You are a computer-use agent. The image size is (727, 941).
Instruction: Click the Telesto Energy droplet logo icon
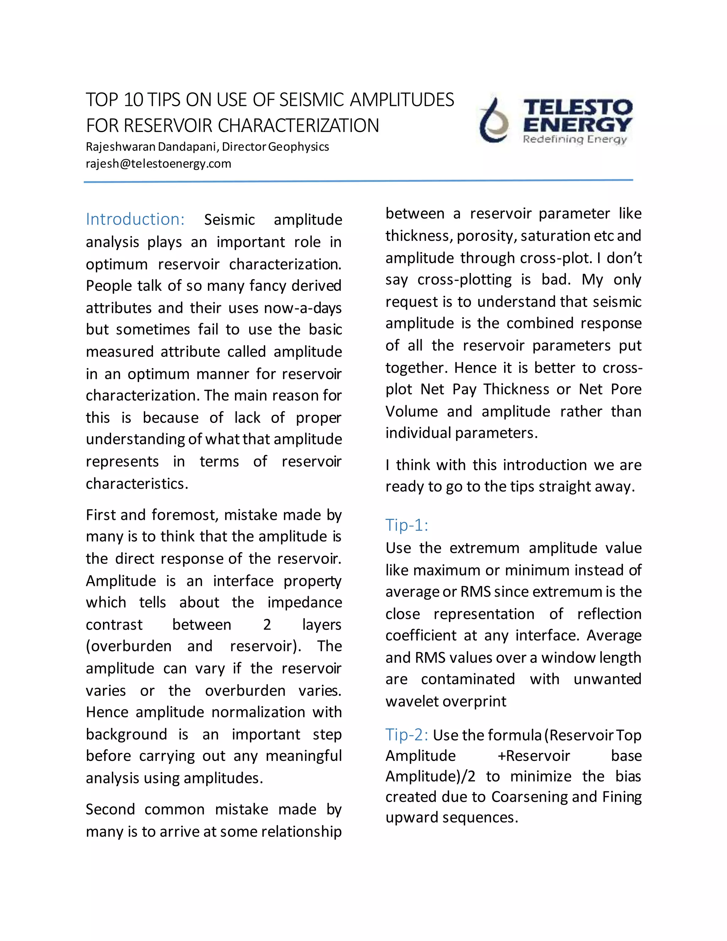[x=494, y=121]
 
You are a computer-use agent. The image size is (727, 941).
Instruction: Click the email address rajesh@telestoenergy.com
[x=158, y=164]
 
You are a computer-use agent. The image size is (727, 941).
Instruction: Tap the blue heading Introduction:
[x=135, y=219]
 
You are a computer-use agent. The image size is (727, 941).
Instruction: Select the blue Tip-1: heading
[x=406, y=525]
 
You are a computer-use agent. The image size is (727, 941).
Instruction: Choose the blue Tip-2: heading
[x=406, y=735]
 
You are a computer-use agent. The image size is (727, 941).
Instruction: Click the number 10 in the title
[x=133, y=100]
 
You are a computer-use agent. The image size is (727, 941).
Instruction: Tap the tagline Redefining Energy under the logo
[x=575, y=139]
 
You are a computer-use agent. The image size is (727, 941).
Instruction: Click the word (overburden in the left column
[x=129, y=646]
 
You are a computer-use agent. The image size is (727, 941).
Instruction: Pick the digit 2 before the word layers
[x=267, y=625]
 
